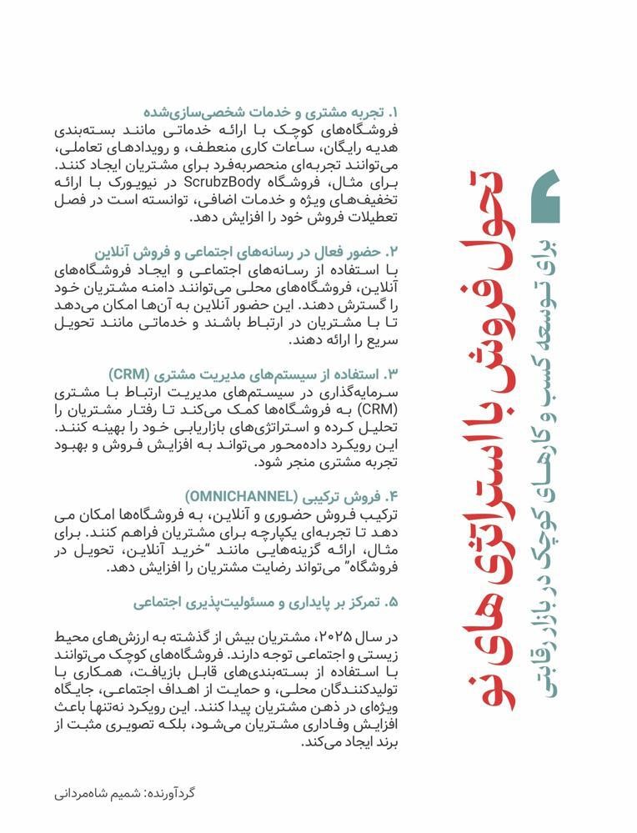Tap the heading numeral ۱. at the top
point(394,111)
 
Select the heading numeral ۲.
point(394,251)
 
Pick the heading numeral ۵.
point(394,601)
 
